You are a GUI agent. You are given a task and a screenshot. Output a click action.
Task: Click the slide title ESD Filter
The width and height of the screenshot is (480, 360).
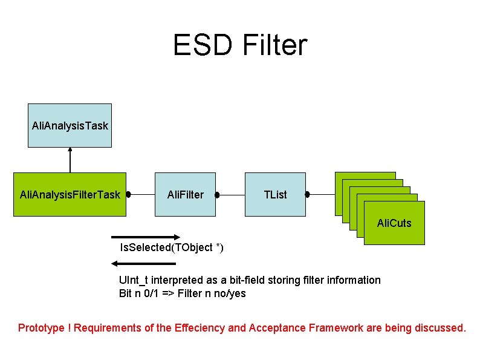240,45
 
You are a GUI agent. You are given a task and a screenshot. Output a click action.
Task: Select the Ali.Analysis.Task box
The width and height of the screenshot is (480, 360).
70,126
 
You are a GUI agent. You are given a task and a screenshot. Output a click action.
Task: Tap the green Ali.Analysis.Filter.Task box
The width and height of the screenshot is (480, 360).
70,195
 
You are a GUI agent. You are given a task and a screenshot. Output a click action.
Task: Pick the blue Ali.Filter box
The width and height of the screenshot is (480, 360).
185,195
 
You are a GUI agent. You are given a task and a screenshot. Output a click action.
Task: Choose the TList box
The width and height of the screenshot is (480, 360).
275,195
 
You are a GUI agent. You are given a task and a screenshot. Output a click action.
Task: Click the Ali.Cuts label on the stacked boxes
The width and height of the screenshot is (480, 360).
394,223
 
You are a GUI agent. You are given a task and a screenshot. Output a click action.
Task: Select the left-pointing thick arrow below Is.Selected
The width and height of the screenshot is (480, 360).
144,264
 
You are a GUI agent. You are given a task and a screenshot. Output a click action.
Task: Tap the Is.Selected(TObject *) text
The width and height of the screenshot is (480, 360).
172,247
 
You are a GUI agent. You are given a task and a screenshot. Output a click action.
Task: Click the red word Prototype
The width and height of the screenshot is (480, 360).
41,328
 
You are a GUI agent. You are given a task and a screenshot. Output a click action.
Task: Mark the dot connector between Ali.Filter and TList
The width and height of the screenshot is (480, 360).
216,195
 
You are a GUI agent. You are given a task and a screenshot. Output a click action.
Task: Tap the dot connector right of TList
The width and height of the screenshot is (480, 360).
307,195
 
